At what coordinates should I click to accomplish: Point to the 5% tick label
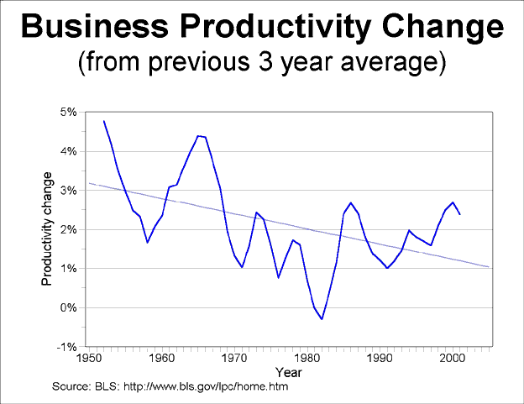click(68, 112)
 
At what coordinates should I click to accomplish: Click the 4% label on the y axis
click(68, 151)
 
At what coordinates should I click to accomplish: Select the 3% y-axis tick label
click(68, 191)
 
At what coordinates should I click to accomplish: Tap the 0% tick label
click(68, 307)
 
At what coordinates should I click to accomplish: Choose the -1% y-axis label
click(66, 347)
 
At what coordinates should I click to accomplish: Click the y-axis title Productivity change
click(48, 228)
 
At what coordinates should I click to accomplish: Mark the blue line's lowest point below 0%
click(322, 319)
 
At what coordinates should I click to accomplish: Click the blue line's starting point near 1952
click(103, 121)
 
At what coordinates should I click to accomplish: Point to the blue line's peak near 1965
click(198, 136)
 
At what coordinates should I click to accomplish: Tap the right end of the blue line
click(460, 214)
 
